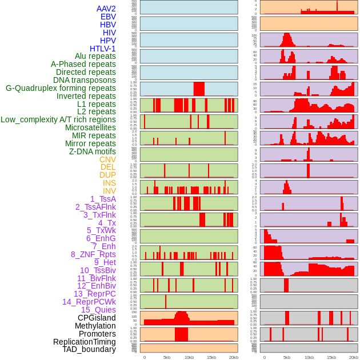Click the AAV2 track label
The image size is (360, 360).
click(106, 9)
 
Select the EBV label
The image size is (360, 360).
click(108, 17)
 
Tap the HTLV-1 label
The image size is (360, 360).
click(102, 49)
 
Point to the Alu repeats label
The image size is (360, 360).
click(95, 57)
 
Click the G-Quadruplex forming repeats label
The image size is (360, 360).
click(61, 88)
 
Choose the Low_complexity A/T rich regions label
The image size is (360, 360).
click(58, 119)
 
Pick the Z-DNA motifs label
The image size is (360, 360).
click(92, 151)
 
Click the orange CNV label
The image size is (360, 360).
click(107, 159)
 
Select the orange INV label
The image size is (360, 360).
click(109, 191)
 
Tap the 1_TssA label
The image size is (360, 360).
click(103, 199)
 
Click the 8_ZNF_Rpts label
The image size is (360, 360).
click(93, 254)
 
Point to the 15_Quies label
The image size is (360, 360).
click(98, 310)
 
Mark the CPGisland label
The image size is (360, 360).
click(97, 318)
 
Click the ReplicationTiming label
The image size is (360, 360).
click(85, 342)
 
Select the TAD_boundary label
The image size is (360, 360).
click(89, 349)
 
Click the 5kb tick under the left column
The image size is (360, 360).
click(167, 357)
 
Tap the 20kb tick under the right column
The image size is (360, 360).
click(354, 357)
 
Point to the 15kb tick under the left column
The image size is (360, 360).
click(211, 357)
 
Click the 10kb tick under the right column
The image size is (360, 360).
click(309, 357)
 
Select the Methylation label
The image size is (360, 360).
click(91, 326)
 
